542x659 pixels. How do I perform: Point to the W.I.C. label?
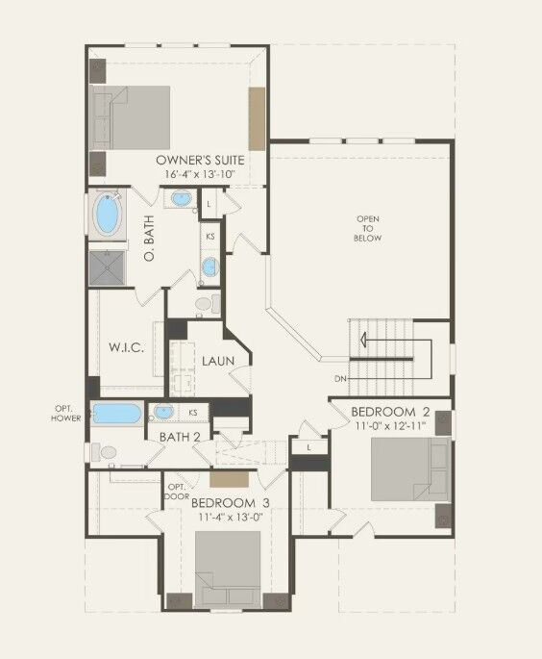(x=127, y=347)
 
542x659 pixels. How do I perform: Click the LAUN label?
(x=218, y=361)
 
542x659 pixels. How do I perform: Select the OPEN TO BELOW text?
(x=368, y=228)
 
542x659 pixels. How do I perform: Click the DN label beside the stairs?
(x=339, y=378)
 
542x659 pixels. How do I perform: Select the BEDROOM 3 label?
(x=229, y=503)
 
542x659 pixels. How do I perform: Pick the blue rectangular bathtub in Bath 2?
(x=116, y=414)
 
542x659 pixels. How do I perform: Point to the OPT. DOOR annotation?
(x=177, y=492)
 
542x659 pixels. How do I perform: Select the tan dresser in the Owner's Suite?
(x=257, y=116)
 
